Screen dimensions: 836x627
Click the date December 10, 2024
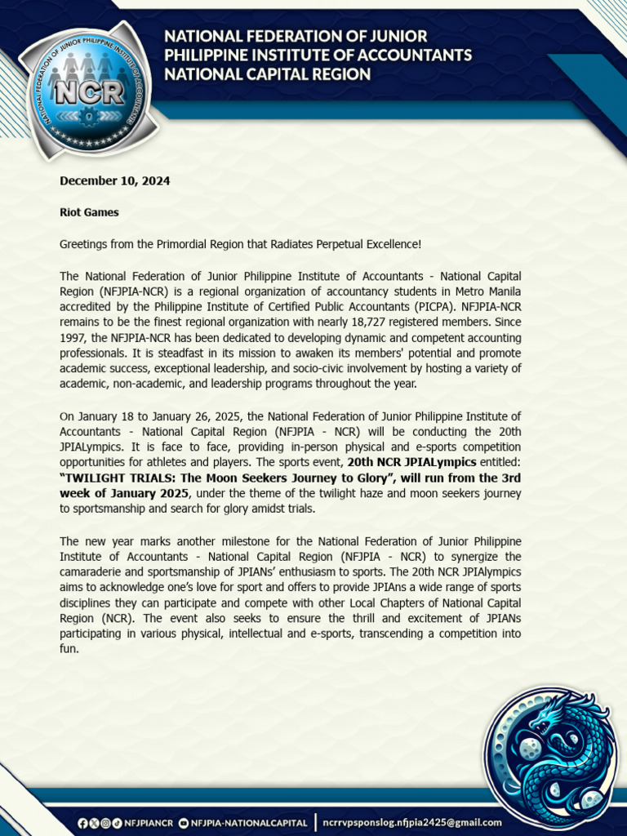pyautogui.click(x=114, y=180)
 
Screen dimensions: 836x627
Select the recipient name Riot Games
pyautogui.click(x=89, y=212)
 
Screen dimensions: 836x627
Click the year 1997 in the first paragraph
pyautogui.click(x=73, y=338)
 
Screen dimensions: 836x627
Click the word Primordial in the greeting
pyautogui.click(x=178, y=245)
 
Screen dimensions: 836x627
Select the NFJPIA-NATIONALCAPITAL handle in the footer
pyautogui.click(x=248, y=822)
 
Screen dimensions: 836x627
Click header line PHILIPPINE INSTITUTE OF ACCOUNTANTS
pyautogui.click(x=318, y=55)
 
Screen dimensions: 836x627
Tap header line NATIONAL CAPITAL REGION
pyautogui.click(x=267, y=74)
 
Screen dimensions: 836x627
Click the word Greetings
pyautogui.click(x=84, y=245)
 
